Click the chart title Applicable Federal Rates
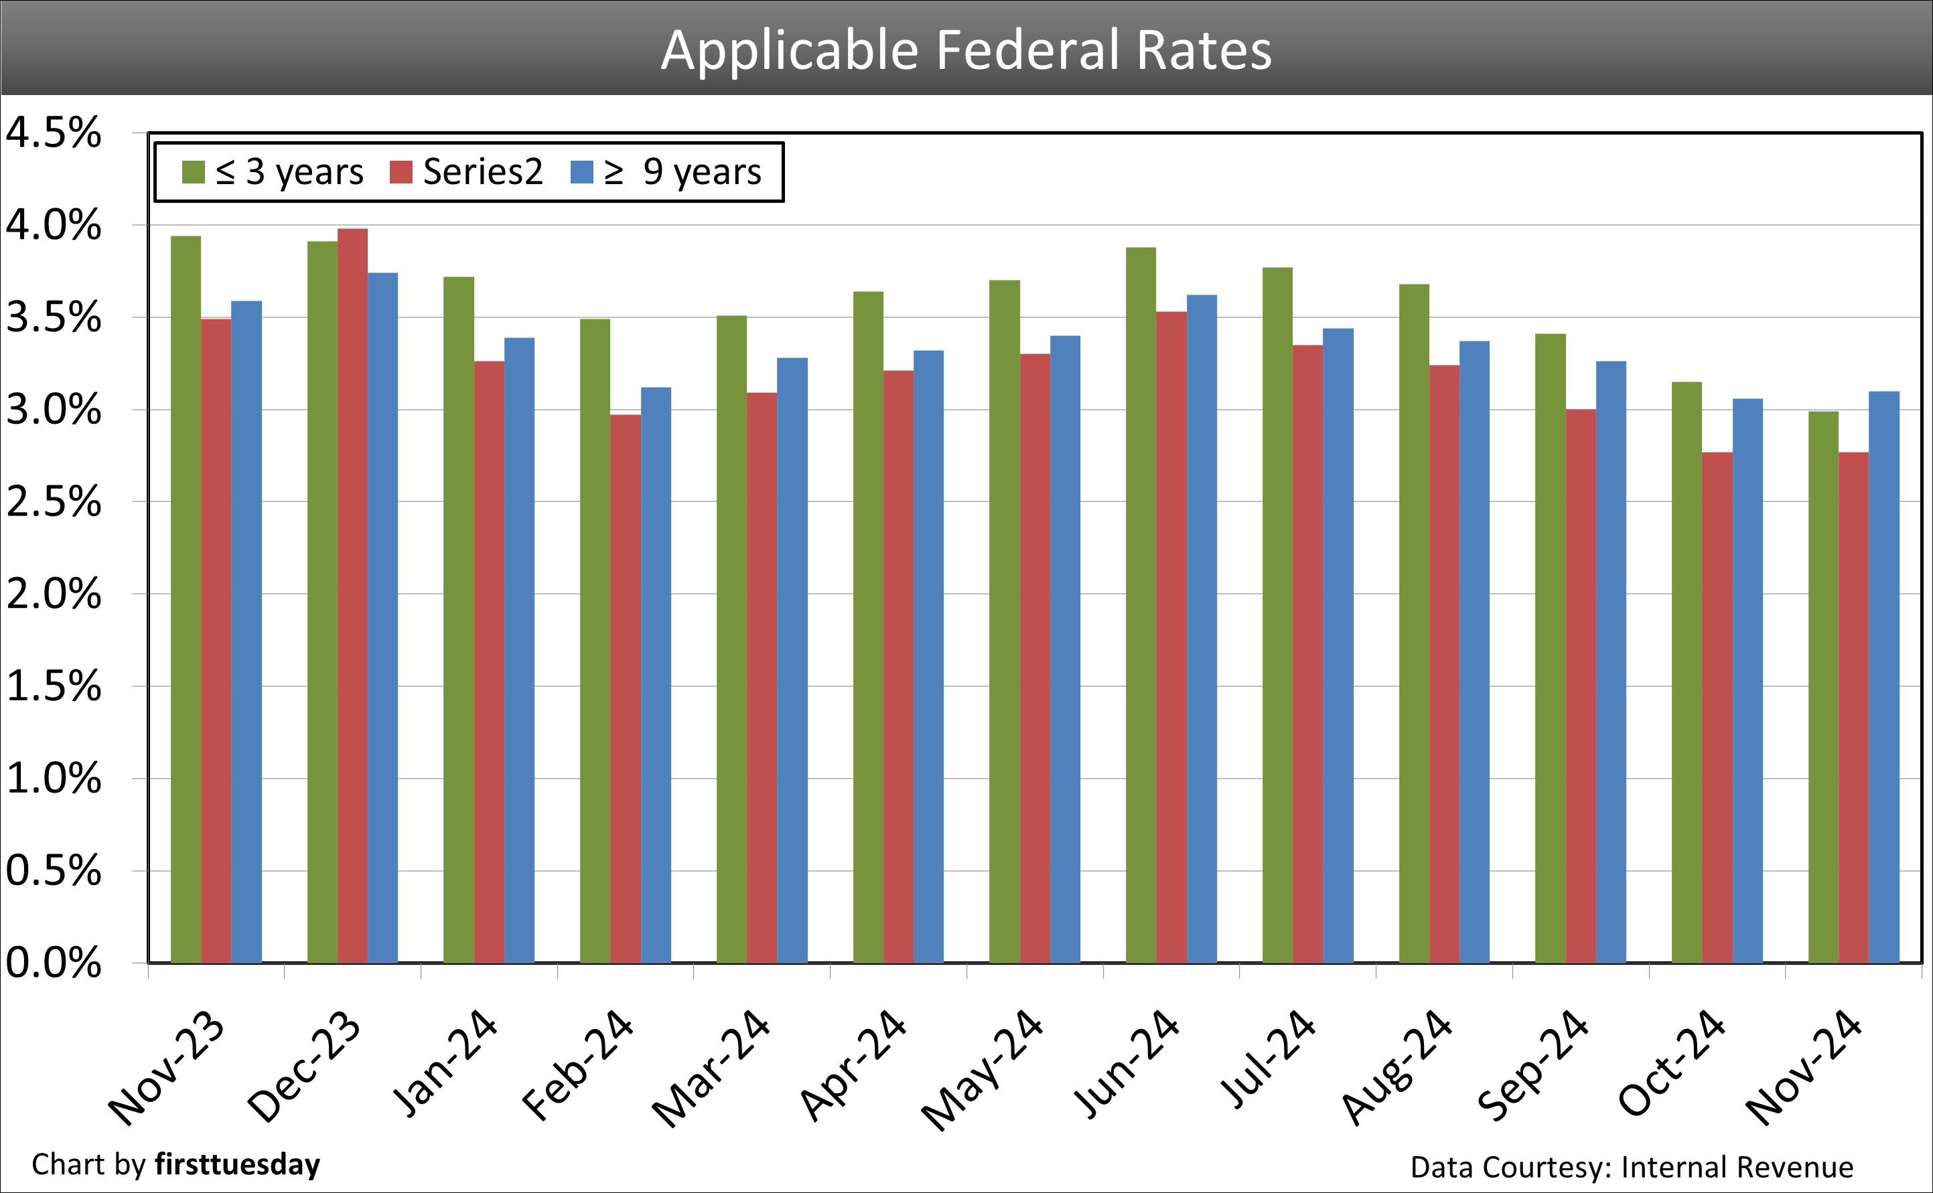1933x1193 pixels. tap(966, 50)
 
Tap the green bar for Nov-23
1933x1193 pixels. tap(186, 600)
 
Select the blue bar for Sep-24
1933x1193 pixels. tap(1611, 662)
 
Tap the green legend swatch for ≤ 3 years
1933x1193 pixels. tap(194, 172)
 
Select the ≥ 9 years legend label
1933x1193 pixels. tap(683, 172)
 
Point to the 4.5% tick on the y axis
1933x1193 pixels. tap(54, 133)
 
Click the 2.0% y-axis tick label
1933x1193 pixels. tap(54, 594)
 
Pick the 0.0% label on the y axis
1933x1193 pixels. tap(54, 963)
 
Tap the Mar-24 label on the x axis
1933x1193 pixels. tap(711, 1069)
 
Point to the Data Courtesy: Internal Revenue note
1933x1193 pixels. tap(1632, 1167)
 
